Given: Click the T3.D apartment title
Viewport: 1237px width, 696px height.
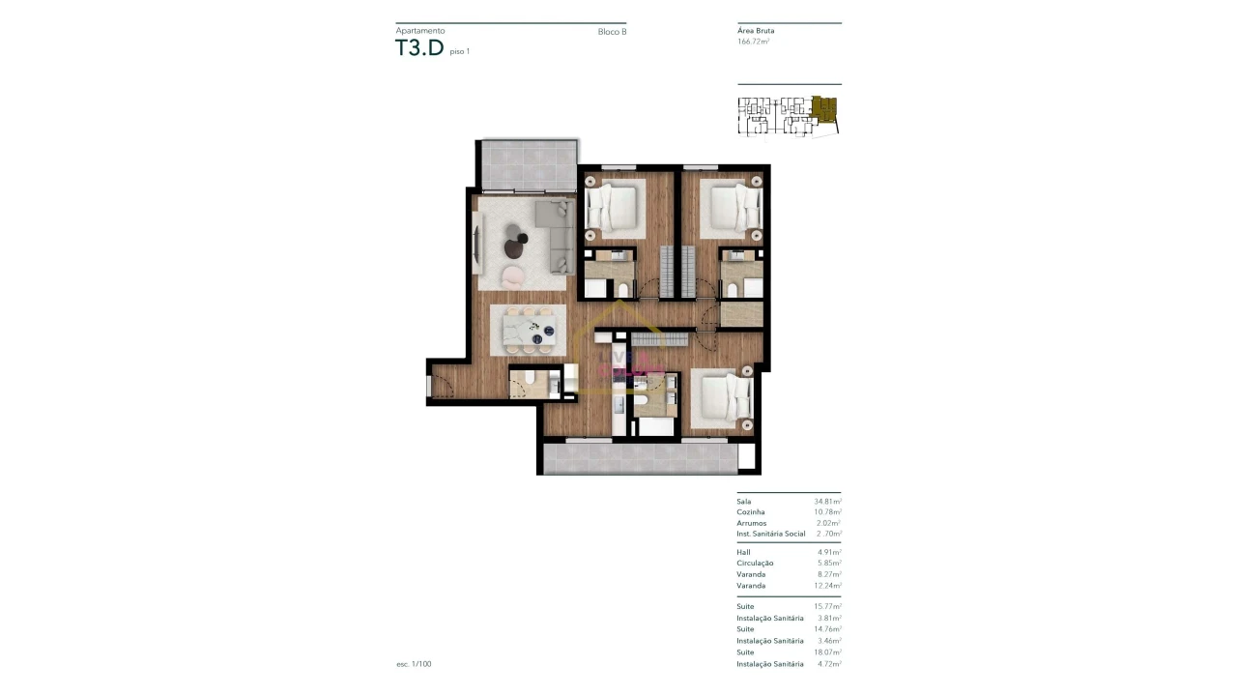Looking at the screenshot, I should coord(418,48).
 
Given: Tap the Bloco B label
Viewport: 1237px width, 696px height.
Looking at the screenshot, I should coord(612,32).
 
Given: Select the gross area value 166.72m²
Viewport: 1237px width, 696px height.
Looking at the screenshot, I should coord(753,42).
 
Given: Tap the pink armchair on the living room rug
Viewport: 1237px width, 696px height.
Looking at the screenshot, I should coord(515,276).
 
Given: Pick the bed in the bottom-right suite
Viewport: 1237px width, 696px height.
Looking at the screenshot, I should coord(727,397).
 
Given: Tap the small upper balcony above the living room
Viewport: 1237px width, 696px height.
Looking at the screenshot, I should coord(528,165).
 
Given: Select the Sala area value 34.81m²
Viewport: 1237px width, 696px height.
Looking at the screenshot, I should coord(827,502).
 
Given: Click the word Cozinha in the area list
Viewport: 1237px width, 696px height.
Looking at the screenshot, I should coord(751,512).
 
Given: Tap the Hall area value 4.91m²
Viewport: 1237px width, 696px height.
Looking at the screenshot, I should coord(829,552).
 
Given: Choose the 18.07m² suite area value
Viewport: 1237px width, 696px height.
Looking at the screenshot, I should coord(827,652).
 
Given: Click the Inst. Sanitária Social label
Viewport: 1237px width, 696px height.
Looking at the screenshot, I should coord(770,534).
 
